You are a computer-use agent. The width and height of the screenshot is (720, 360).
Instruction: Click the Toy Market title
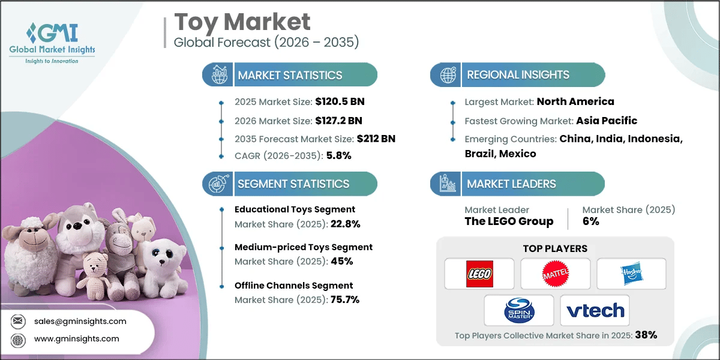click(x=242, y=22)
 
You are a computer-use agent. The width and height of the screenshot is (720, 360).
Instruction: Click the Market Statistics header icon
click(x=218, y=75)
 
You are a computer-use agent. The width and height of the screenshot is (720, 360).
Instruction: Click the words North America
click(x=575, y=101)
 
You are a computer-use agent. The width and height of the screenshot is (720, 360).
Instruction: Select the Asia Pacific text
click(x=607, y=120)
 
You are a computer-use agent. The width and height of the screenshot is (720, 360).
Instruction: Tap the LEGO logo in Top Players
click(x=479, y=274)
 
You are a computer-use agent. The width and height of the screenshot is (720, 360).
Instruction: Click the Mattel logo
click(x=555, y=274)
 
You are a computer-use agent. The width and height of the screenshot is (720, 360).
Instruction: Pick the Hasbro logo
click(x=631, y=274)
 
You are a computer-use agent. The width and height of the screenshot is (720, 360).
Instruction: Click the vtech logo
click(x=595, y=310)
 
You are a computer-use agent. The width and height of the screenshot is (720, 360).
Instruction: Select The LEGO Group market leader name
click(x=509, y=221)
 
